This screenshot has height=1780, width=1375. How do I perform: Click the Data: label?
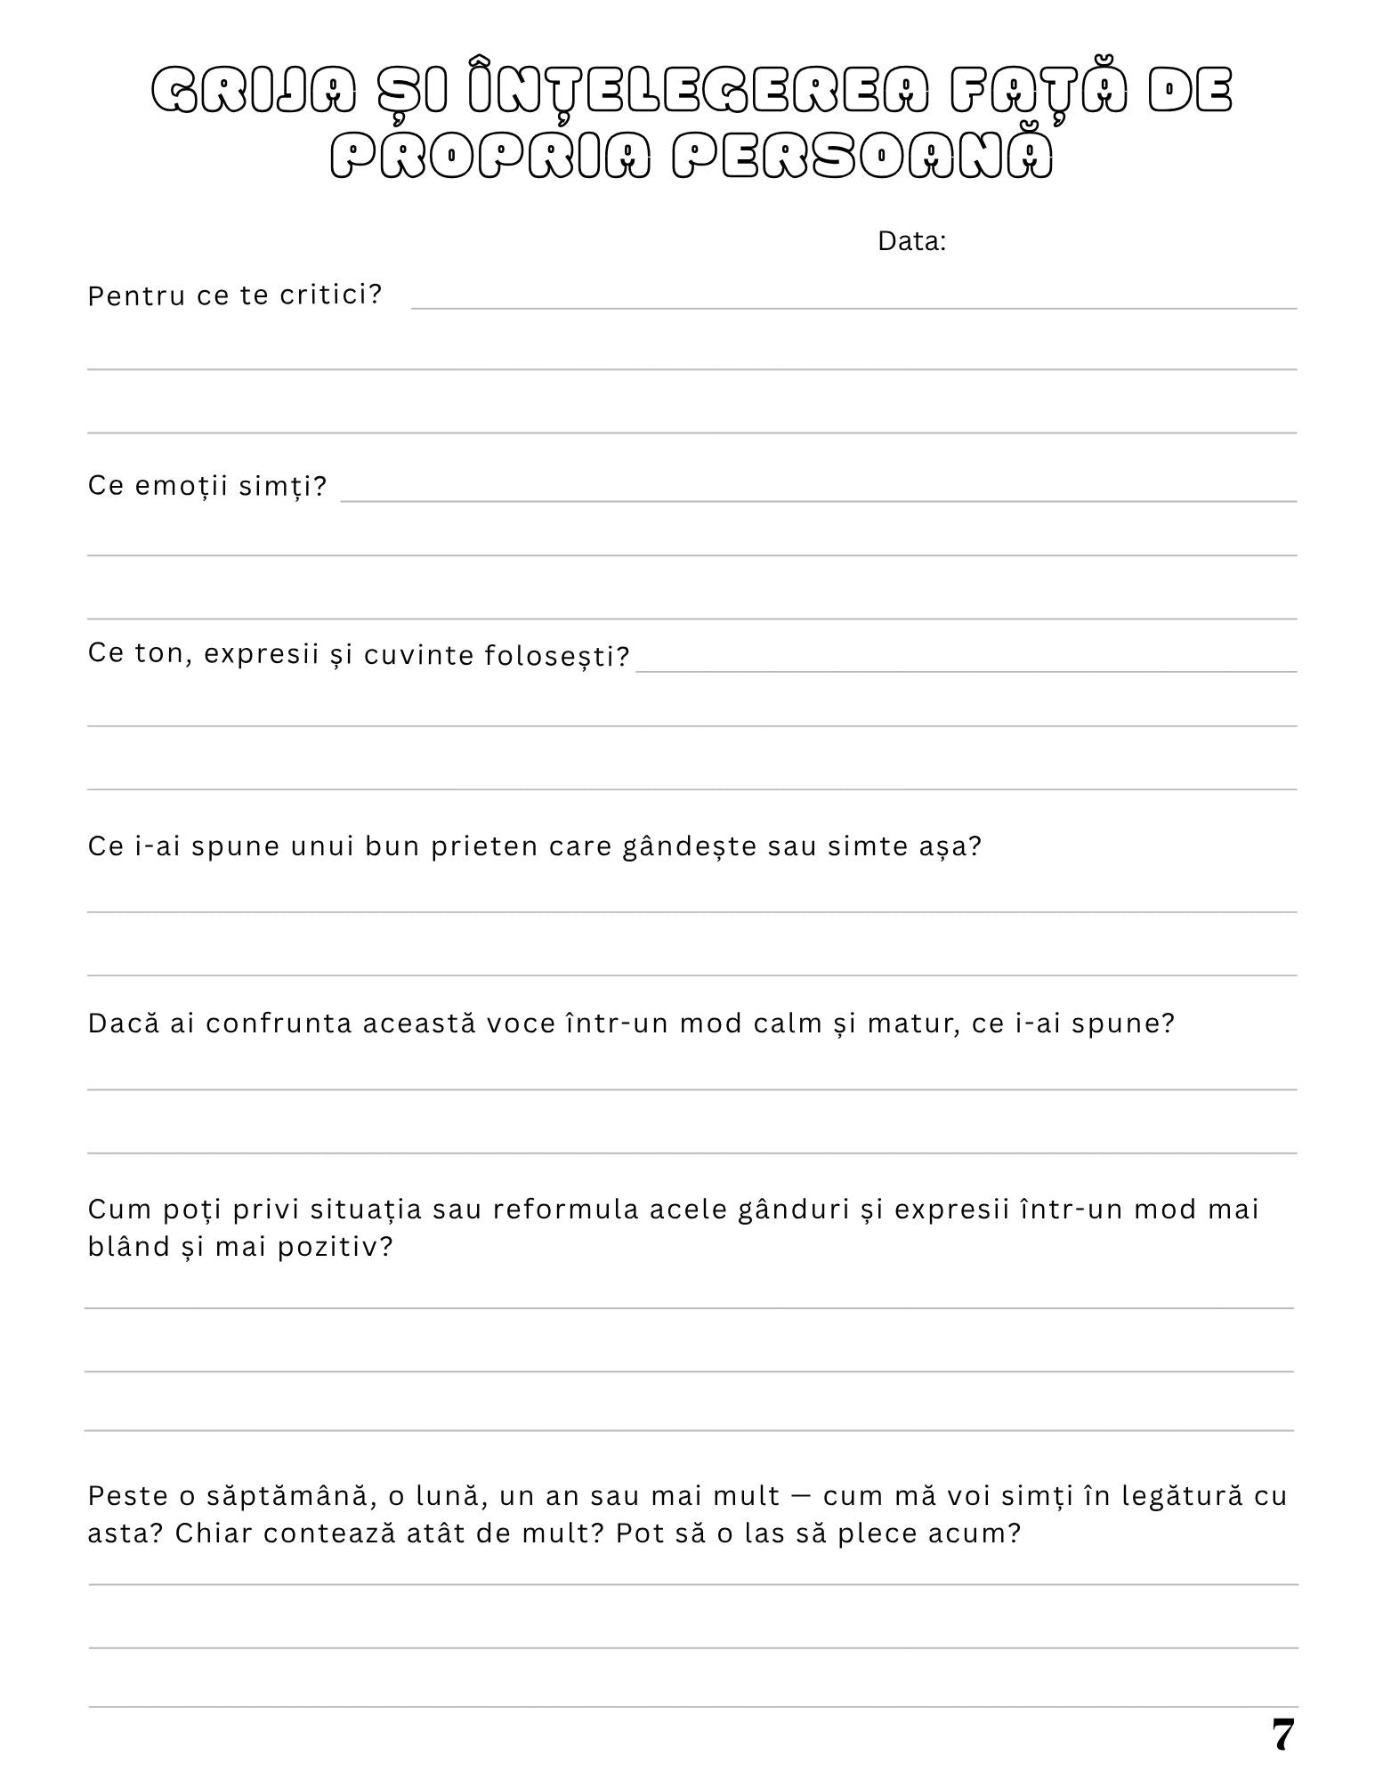click(911, 241)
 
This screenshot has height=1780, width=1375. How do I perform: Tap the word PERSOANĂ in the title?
click(862, 158)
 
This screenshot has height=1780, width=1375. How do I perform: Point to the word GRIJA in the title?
click(255, 90)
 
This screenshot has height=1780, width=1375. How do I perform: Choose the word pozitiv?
click(335, 1247)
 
